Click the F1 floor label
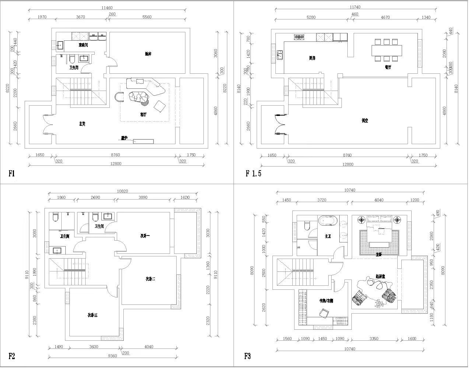[x=12, y=173]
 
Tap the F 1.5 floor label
[x=253, y=173]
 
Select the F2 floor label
[x=12, y=355]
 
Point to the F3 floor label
[x=247, y=355]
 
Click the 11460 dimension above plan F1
[x=107, y=8]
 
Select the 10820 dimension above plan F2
[x=122, y=191]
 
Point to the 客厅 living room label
[x=143, y=114]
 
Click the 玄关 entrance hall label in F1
[x=82, y=124]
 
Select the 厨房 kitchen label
[x=312, y=58]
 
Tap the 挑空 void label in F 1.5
[x=364, y=120]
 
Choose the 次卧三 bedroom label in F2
[x=93, y=315]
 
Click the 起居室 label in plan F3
[x=380, y=276]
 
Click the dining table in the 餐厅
[x=386, y=50]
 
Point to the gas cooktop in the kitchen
[x=300, y=37]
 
